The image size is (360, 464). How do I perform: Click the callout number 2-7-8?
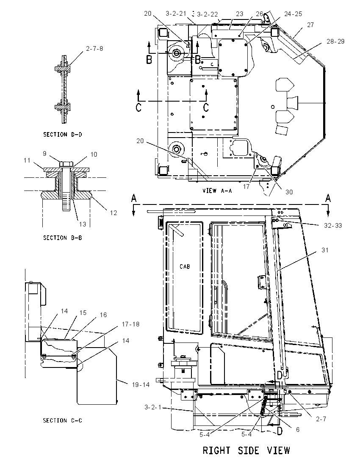[94, 49]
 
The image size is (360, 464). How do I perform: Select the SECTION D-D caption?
[63, 134]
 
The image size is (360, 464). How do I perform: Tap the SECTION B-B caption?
[63, 238]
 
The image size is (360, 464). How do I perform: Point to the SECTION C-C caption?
[63, 420]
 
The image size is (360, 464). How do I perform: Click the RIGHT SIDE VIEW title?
[246, 451]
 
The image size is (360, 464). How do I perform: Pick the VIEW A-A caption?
[217, 191]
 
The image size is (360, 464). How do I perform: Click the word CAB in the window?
[185, 267]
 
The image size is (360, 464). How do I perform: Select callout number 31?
[325, 250]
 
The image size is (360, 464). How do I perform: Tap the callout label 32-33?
[333, 226]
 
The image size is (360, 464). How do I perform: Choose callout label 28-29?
[335, 41]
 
